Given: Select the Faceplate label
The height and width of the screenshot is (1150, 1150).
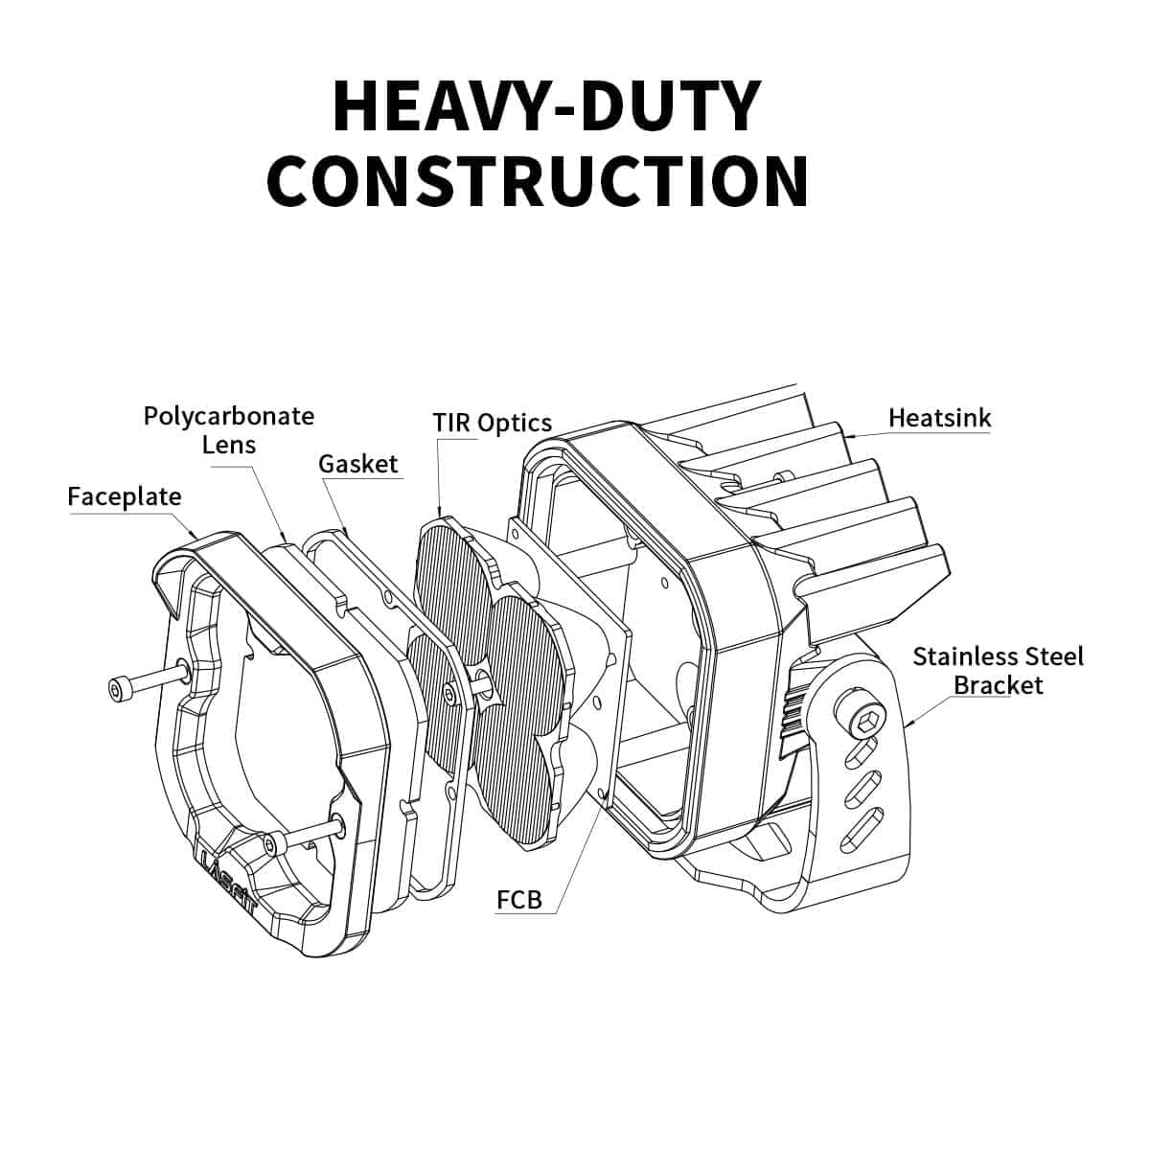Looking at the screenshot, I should click(124, 496).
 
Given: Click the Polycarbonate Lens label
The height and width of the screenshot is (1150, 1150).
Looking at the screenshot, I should click(229, 430).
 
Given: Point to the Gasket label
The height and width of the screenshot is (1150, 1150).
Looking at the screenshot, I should click(357, 464).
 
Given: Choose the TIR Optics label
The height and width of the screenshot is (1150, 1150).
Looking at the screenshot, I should click(492, 423).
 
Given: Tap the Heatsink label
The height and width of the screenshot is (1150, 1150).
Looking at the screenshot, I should click(939, 418).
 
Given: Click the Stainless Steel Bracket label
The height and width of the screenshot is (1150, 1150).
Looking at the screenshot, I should click(998, 671).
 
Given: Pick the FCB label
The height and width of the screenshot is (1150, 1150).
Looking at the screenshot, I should click(519, 899).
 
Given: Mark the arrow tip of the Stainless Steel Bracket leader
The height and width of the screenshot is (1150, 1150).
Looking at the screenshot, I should click(908, 725).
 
